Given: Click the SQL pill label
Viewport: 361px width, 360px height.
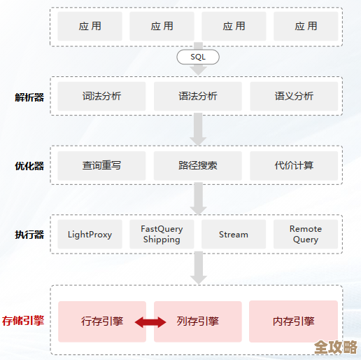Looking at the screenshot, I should coord(198,57).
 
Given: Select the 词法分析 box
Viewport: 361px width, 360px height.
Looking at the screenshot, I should coord(102,97).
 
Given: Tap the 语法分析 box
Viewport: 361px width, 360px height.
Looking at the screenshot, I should coord(198,97).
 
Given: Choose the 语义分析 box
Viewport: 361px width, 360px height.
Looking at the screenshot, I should coord(294,97).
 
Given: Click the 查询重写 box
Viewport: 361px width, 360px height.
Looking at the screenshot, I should coord(102,165).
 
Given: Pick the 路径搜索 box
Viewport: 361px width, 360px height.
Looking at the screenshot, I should coord(198,165).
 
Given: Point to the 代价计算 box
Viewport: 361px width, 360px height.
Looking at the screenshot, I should coord(294,165).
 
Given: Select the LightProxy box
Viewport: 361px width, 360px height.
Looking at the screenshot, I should coord(90,234).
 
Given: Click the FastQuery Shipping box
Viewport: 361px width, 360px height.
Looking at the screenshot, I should coord(162,234).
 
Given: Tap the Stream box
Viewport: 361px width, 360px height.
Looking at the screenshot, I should coord(234,234).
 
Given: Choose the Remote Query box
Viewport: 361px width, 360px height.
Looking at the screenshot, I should coord(306,234).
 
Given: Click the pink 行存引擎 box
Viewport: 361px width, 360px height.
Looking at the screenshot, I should coord(102,321).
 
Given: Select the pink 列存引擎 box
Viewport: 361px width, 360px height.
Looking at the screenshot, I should coord(198,321).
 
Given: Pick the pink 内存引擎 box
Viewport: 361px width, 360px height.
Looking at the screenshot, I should coord(294,321).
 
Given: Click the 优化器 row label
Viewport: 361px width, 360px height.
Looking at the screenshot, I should coord(29,166).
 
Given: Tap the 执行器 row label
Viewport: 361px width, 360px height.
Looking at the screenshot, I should coord(29,235).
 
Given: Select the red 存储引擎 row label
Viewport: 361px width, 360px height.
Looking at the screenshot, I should coord(23,321).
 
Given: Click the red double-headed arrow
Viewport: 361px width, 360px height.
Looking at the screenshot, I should coord(150,322).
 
